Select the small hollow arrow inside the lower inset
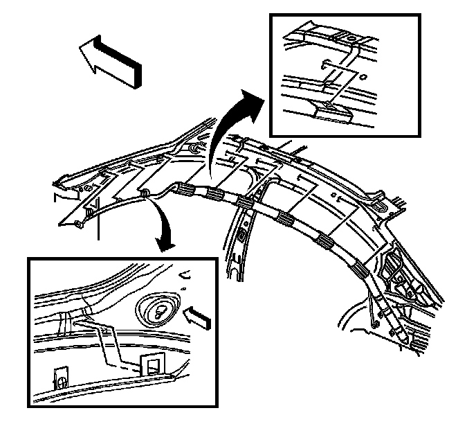199,318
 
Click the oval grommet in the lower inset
158,309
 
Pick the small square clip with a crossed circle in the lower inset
62,378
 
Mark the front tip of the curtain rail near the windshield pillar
80,223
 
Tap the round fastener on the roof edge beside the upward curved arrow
194,149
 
